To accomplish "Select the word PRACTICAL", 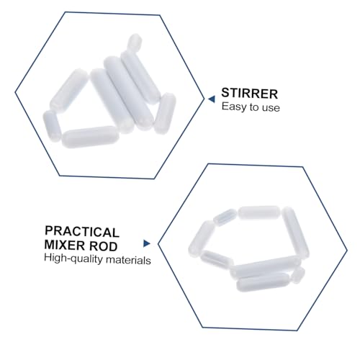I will pos(81,231).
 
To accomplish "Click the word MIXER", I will pos(66,246).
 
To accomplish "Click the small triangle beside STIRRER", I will pos(212,94).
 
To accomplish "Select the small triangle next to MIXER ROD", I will pos(147,244).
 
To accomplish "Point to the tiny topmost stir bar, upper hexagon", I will pos(135,42).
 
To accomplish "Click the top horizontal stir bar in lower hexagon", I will pos(258,212).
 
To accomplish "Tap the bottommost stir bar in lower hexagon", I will pos(263,283).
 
